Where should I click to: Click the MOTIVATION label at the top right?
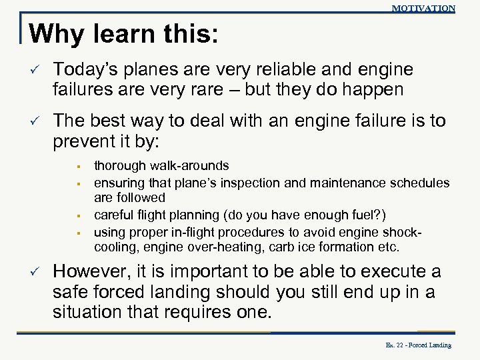coord(423,8)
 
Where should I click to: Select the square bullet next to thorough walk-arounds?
coord(78,165)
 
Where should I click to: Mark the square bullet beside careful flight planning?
coord(78,215)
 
